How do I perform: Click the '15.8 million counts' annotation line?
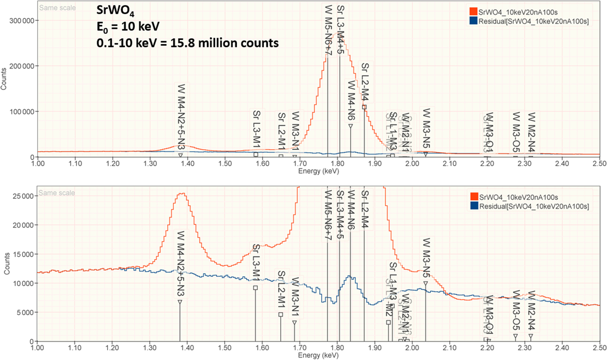pos(187,43)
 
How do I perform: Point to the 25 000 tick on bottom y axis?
pos(23,196)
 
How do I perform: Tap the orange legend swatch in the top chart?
pos(474,10)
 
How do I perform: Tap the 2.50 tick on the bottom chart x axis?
pos(599,348)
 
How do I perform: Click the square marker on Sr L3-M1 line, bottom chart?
pos(255,288)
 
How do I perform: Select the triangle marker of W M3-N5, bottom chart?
pos(426,284)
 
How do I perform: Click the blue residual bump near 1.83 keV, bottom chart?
pos(350,277)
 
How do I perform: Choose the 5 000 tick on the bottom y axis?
pos(24,312)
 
